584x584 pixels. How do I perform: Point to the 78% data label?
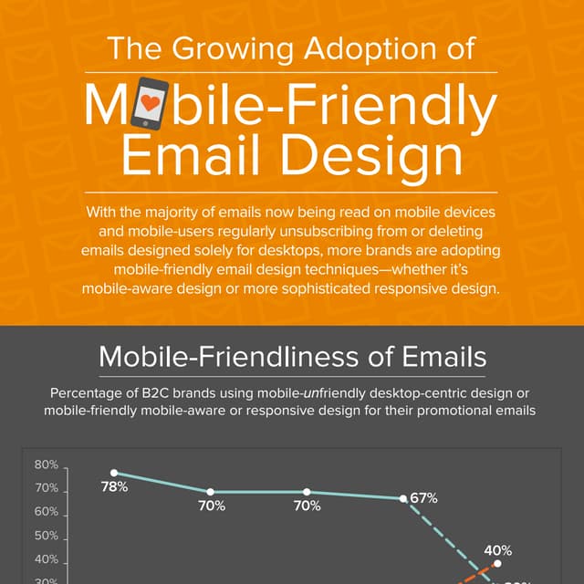114,488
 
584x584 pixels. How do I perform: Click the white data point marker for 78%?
114,473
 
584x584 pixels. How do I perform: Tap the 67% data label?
424,498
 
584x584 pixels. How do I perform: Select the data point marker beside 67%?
402,498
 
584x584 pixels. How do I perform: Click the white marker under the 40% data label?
497,564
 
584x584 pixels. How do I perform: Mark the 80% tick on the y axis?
47,465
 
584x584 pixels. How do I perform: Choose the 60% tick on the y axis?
47,513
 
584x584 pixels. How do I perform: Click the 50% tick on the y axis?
47,537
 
